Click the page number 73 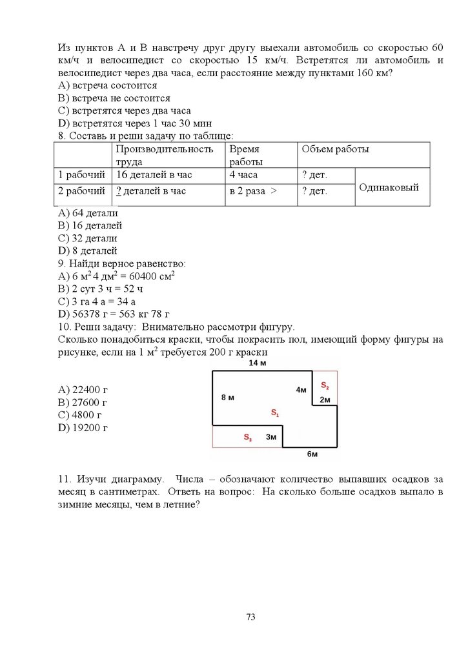pos(251,616)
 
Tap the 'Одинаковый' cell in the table pos(389,187)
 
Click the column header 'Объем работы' pos(335,150)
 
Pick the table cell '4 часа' pos(243,175)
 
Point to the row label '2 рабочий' pos(81,191)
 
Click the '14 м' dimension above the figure pos(258,364)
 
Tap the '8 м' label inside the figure pos(227,397)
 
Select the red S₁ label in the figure pos(274,412)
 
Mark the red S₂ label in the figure pos(325,386)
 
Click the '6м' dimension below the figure pos(312,454)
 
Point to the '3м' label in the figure pos(271,437)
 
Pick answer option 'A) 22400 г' pos(83,389)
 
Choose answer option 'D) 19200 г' pos(83,427)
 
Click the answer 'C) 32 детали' pos(87,238)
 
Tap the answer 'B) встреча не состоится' pos(114,98)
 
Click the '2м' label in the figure pos(325,400)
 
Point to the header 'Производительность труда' pos(165,155)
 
